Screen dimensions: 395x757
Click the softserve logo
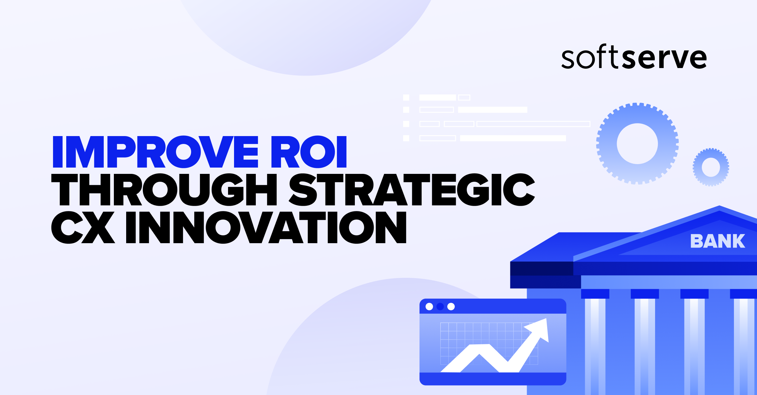pos(634,57)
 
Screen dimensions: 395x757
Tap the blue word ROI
pos(309,152)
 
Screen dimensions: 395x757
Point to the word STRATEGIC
pos(412,190)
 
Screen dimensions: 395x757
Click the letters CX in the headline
pos(83,227)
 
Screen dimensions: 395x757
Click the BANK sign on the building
pos(718,241)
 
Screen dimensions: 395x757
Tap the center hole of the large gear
pos(637,144)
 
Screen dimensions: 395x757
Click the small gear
pos(711,167)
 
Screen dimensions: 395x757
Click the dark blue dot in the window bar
pos(440,306)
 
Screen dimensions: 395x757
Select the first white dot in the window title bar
pos(429,306)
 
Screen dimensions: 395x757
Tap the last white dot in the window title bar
pos(451,306)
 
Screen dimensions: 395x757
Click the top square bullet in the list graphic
pos(406,98)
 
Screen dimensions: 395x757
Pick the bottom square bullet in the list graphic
pos(406,138)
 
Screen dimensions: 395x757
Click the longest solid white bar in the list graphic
pos(513,138)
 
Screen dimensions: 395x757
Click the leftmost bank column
pos(595,343)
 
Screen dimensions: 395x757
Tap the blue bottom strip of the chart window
pos(493,379)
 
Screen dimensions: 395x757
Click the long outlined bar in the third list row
pos(533,124)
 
